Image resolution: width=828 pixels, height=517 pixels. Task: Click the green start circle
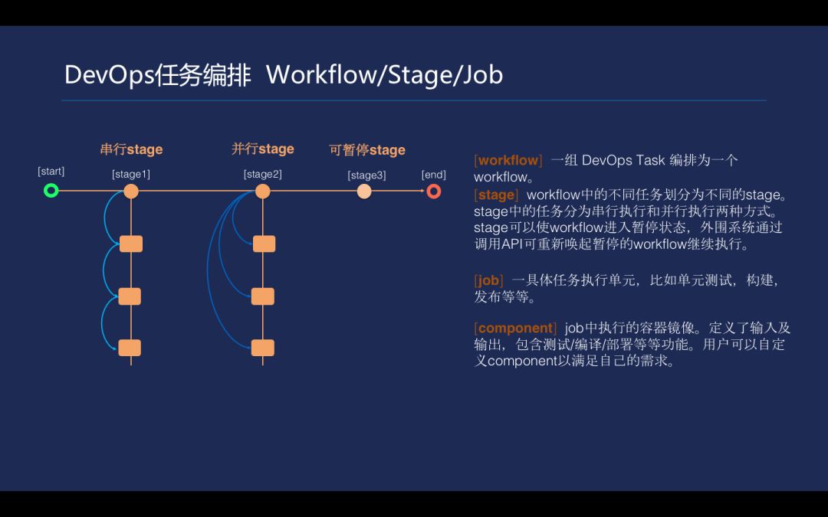[x=51, y=191]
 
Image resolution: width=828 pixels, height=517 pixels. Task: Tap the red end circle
[x=434, y=191]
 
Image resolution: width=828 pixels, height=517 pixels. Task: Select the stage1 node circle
[x=131, y=191]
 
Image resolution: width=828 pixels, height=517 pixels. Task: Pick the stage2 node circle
[x=263, y=191]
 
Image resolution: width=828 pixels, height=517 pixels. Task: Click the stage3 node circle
[x=364, y=191]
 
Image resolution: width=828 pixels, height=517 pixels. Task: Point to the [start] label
[x=51, y=172]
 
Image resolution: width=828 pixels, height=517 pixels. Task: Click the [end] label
[x=433, y=175]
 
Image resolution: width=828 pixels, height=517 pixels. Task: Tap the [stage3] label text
[x=366, y=175]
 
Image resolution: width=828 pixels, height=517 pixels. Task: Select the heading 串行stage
[x=131, y=149]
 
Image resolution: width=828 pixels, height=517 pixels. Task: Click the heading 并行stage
[x=263, y=149]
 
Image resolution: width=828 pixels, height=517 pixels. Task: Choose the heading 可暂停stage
[x=367, y=150]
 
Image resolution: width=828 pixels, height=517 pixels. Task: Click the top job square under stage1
[x=131, y=244]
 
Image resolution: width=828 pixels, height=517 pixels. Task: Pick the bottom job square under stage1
[x=130, y=348]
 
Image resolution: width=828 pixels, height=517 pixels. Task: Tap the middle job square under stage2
[x=263, y=296]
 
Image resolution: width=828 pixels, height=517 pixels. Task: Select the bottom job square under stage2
[x=263, y=348]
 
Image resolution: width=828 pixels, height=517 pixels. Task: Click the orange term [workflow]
[x=508, y=160]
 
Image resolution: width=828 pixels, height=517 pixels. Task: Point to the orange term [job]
[x=489, y=280]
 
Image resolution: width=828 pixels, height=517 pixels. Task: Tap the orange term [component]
[x=516, y=329]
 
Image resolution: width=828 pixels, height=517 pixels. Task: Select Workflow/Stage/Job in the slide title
[x=384, y=75]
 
